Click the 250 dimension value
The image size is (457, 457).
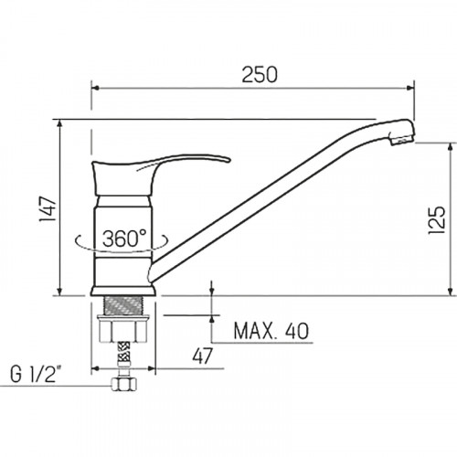click(x=260, y=75)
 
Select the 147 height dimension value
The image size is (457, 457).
click(x=48, y=208)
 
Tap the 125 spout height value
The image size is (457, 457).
click(x=437, y=220)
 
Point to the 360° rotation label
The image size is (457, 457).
click(x=124, y=238)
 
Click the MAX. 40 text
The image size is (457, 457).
click(x=271, y=331)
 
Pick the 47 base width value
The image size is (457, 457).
click(x=202, y=356)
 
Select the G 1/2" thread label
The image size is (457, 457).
click(x=33, y=374)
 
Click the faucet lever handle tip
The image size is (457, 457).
click(x=228, y=160)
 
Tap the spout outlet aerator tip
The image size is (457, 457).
click(x=402, y=141)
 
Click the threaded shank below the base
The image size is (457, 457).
click(x=123, y=305)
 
